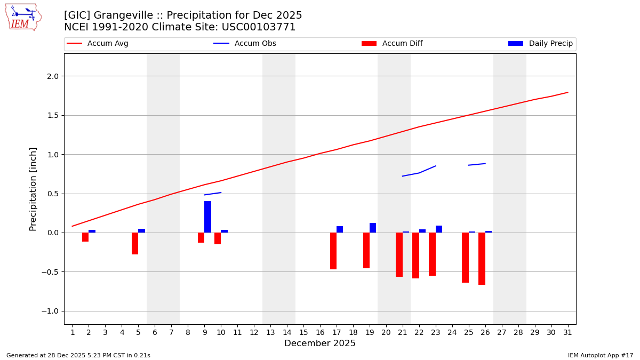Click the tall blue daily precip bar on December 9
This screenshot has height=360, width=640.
pyautogui.click(x=207, y=217)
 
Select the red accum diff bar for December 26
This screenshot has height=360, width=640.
pyautogui.click(x=482, y=259)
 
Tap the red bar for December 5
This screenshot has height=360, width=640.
pyautogui.click(x=135, y=243)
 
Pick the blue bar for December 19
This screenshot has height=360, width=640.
pyautogui.click(x=373, y=228)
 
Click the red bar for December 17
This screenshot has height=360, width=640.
pyautogui.click(x=333, y=251)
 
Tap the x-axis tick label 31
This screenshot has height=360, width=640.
pyautogui.click(x=567, y=332)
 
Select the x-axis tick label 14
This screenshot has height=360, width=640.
pyautogui.click(x=287, y=332)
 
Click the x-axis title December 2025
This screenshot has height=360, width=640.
pyautogui.click(x=319, y=343)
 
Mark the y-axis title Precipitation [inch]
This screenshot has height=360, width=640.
pyautogui.click(x=33, y=189)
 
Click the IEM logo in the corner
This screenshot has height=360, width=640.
pyautogui.click(x=23, y=17)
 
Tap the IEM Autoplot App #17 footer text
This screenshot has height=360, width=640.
pyautogui.click(x=600, y=355)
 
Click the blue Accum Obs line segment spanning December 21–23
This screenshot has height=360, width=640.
pyautogui.click(x=419, y=172)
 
